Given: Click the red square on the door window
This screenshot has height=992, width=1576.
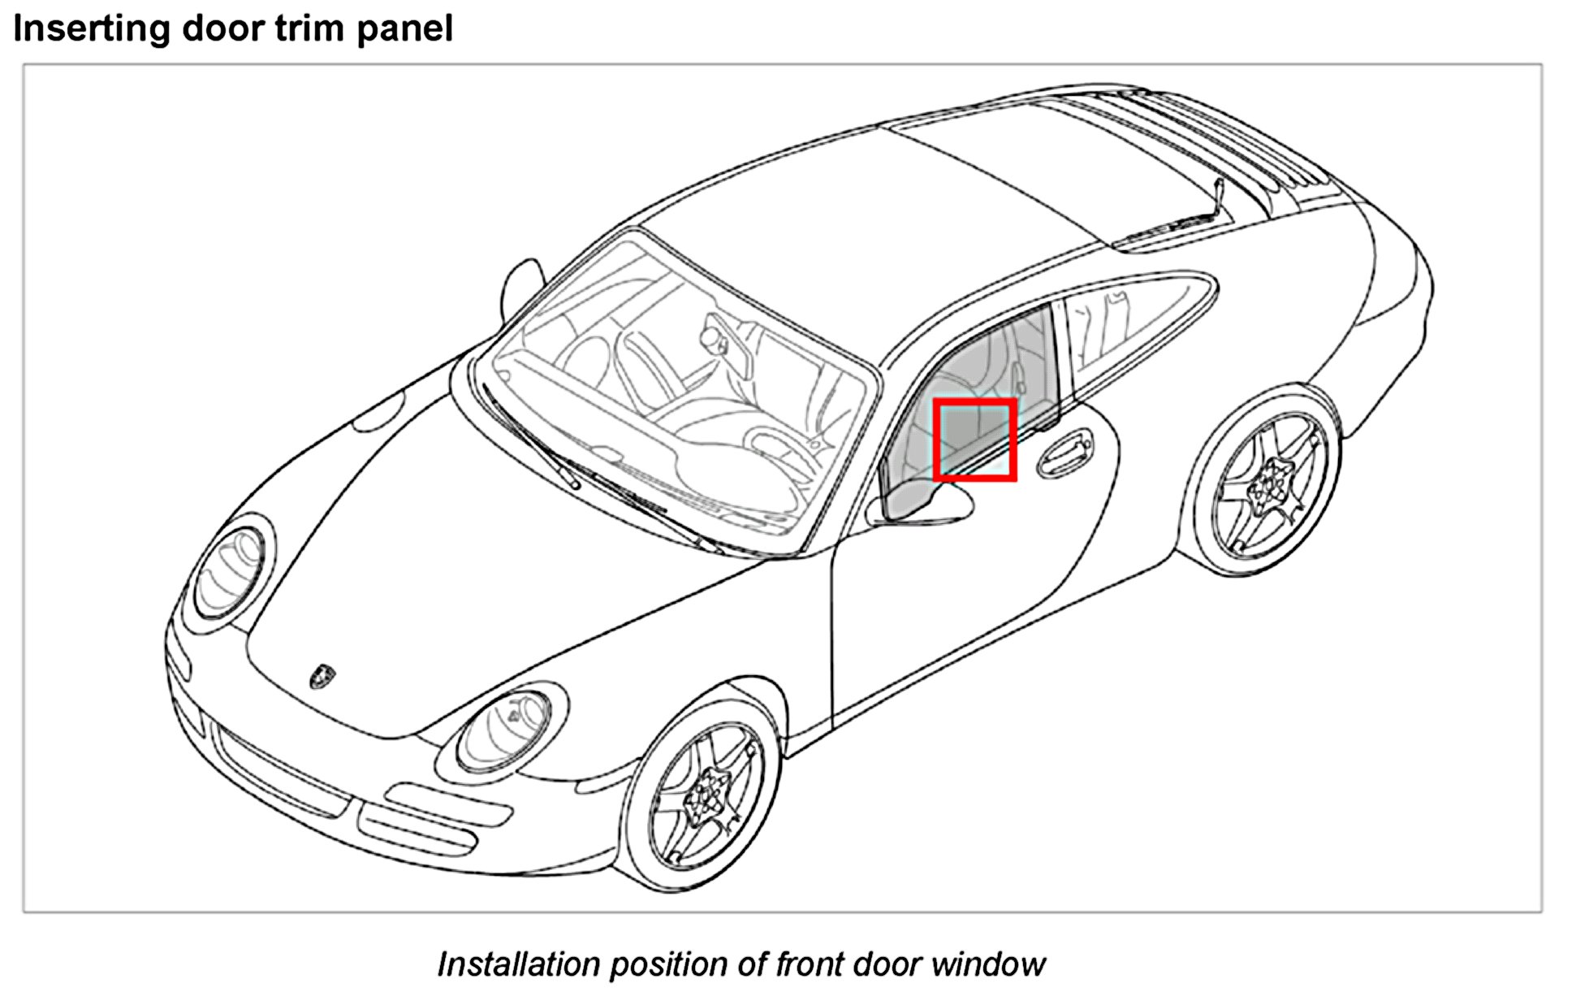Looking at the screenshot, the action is [x=974, y=440].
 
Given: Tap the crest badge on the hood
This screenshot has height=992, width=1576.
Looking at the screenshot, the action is [x=322, y=676].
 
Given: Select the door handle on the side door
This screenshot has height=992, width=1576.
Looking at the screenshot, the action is [x=1064, y=454].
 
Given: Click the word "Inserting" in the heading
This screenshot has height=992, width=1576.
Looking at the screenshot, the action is [x=92, y=28].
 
